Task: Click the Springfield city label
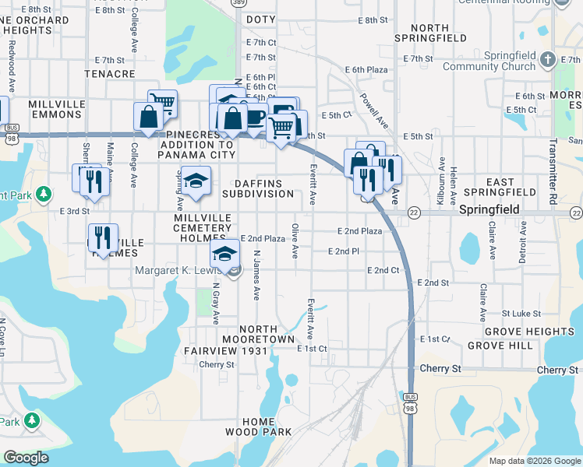488,210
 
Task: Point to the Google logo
25,458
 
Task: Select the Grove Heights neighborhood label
535,332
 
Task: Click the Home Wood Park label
258,427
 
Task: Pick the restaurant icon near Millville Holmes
103,237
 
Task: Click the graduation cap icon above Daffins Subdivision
195,181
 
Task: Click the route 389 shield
236,4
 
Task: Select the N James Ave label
256,275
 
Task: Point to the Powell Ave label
374,112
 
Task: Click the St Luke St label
521,314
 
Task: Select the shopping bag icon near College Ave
148,117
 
